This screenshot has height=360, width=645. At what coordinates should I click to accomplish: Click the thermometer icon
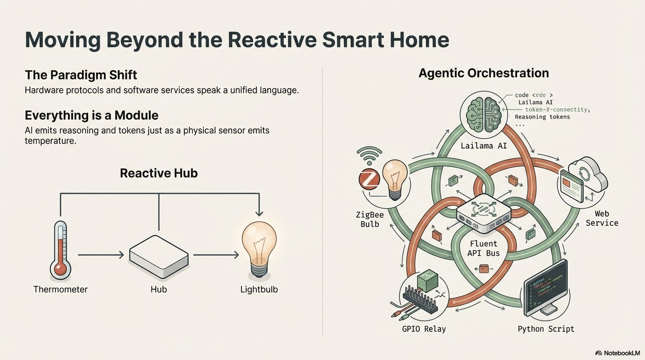pos(60,250)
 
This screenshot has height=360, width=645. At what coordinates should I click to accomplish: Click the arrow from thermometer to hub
pos(101,256)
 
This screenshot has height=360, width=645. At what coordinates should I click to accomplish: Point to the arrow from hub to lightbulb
pos(216,256)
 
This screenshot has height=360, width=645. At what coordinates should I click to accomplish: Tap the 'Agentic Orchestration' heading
pos(483,73)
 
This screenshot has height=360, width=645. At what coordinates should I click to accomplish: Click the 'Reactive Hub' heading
pos(159,173)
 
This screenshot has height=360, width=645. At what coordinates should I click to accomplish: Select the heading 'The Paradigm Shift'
pos(81,75)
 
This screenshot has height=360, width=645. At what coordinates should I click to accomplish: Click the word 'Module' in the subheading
pos(144,114)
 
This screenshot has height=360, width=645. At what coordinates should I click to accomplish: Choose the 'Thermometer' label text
pos(60,289)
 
